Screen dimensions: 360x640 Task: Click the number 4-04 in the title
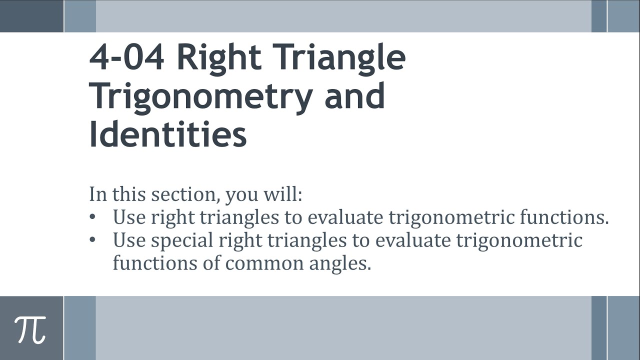[126, 57]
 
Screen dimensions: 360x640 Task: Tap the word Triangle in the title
[339, 57]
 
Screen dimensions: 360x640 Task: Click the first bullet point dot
[92, 217]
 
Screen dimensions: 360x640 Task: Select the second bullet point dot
[92, 240]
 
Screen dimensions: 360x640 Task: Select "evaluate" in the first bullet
[345, 217]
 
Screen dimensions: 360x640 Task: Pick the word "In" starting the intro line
[97, 194]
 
